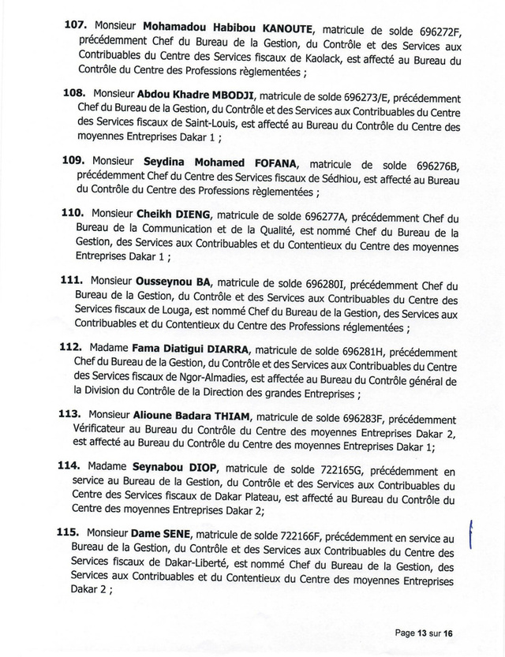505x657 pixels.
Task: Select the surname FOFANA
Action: coord(271,163)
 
